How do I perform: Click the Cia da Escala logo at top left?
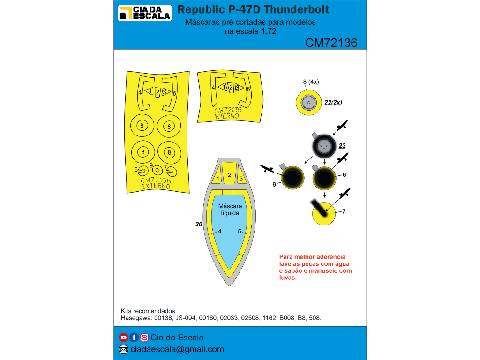pos(144,13)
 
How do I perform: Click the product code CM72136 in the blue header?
pos(331,43)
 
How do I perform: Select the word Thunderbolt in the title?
pos(296,9)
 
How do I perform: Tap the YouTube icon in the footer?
pos(123,337)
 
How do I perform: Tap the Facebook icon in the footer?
pos(134,337)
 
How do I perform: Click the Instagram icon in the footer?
pos(144,337)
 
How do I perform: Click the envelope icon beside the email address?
pos(123,349)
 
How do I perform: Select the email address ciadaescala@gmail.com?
pos(177,349)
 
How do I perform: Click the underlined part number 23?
pos(342,146)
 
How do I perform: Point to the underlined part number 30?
pos(199,225)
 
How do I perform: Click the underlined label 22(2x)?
pos(333,103)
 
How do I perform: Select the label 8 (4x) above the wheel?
pos(311,82)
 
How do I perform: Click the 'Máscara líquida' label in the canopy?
pos(230,210)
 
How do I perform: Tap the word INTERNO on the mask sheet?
pos(226,116)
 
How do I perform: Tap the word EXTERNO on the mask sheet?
pos(156,186)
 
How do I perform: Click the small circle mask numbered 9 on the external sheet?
pos(157,170)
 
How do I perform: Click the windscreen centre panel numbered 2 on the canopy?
pos(229,173)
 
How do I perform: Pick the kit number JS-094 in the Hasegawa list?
pos(185,318)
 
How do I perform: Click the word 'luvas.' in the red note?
pos(288,277)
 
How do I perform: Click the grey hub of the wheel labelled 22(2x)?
pos(308,103)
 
